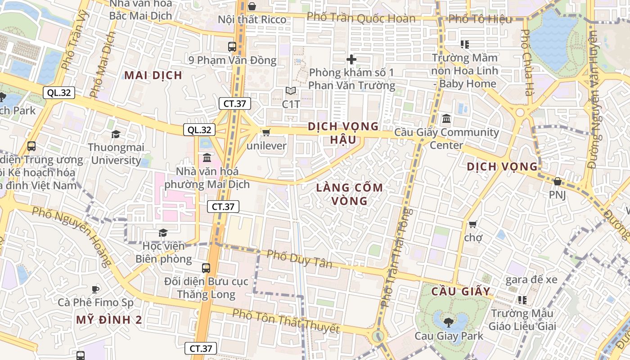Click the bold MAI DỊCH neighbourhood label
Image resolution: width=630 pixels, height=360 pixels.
click(153, 75)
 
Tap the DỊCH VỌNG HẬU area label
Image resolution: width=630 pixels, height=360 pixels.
click(343, 133)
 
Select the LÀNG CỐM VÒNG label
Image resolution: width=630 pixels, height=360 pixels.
click(349, 194)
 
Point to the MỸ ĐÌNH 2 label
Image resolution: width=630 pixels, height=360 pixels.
click(109, 320)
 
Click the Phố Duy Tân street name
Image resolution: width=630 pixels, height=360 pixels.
click(300, 259)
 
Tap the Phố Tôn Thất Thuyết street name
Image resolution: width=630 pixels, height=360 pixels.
click(286, 321)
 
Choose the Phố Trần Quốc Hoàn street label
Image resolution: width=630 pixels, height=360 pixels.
click(361, 18)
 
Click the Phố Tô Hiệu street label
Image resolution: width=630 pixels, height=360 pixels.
click(481, 19)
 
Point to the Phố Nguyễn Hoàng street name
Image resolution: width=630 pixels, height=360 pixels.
click(72, 234)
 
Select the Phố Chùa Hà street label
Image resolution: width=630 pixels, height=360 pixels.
click(527, 63)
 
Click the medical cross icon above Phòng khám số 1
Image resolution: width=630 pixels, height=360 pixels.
click(351, 59)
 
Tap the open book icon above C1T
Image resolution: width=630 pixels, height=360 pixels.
click(291, 91)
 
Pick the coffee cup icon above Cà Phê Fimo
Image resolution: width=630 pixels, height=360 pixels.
click(95, 289)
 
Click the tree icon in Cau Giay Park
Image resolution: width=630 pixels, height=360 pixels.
click(448, 322)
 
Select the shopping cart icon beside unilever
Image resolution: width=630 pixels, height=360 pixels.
click(266, 132)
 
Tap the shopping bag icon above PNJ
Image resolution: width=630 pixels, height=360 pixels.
click(557, 181)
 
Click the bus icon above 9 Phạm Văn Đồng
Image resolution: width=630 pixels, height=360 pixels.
click(232, 46)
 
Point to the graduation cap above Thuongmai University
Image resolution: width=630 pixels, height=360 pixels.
click(116, 134)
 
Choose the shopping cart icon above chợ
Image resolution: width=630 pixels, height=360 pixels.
click(472, 224)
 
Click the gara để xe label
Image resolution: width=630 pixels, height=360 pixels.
click(531, 279)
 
